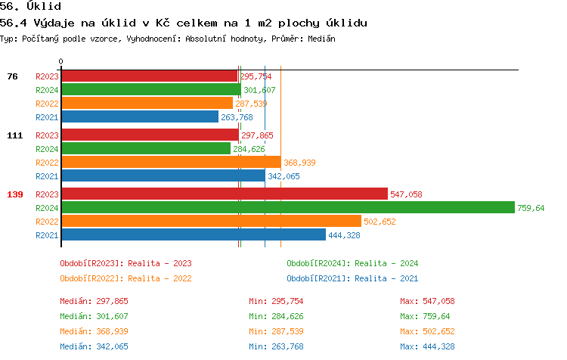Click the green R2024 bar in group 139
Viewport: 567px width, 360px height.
click(287, 207)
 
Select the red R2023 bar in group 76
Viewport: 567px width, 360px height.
click(149, 76)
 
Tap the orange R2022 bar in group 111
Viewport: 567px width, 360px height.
click(171, 162)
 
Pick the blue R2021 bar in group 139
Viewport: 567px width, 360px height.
click(193, 234)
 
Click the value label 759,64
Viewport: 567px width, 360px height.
click(530, 208)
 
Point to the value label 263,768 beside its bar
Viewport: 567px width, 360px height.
click(237, 117)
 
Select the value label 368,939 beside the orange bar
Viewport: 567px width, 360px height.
click(299, 163)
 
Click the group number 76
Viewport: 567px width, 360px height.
click(12, 76)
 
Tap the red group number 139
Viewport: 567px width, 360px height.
click(14, 194)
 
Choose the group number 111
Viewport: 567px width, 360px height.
click(14, 135)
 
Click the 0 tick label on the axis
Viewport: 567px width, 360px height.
click(61, 61)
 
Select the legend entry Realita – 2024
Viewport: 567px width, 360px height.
click(352, 263)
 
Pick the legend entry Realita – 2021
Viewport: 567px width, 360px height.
click(352, 278)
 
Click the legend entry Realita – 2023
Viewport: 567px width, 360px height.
click(125, 263)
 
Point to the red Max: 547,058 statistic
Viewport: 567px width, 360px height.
click(427, 301)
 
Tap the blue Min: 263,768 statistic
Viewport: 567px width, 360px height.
click(276, 346)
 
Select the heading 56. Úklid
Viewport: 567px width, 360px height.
click(31, 6)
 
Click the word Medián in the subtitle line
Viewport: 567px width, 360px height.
click(320, 38)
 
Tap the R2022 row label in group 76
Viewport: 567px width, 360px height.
click(47, 104)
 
